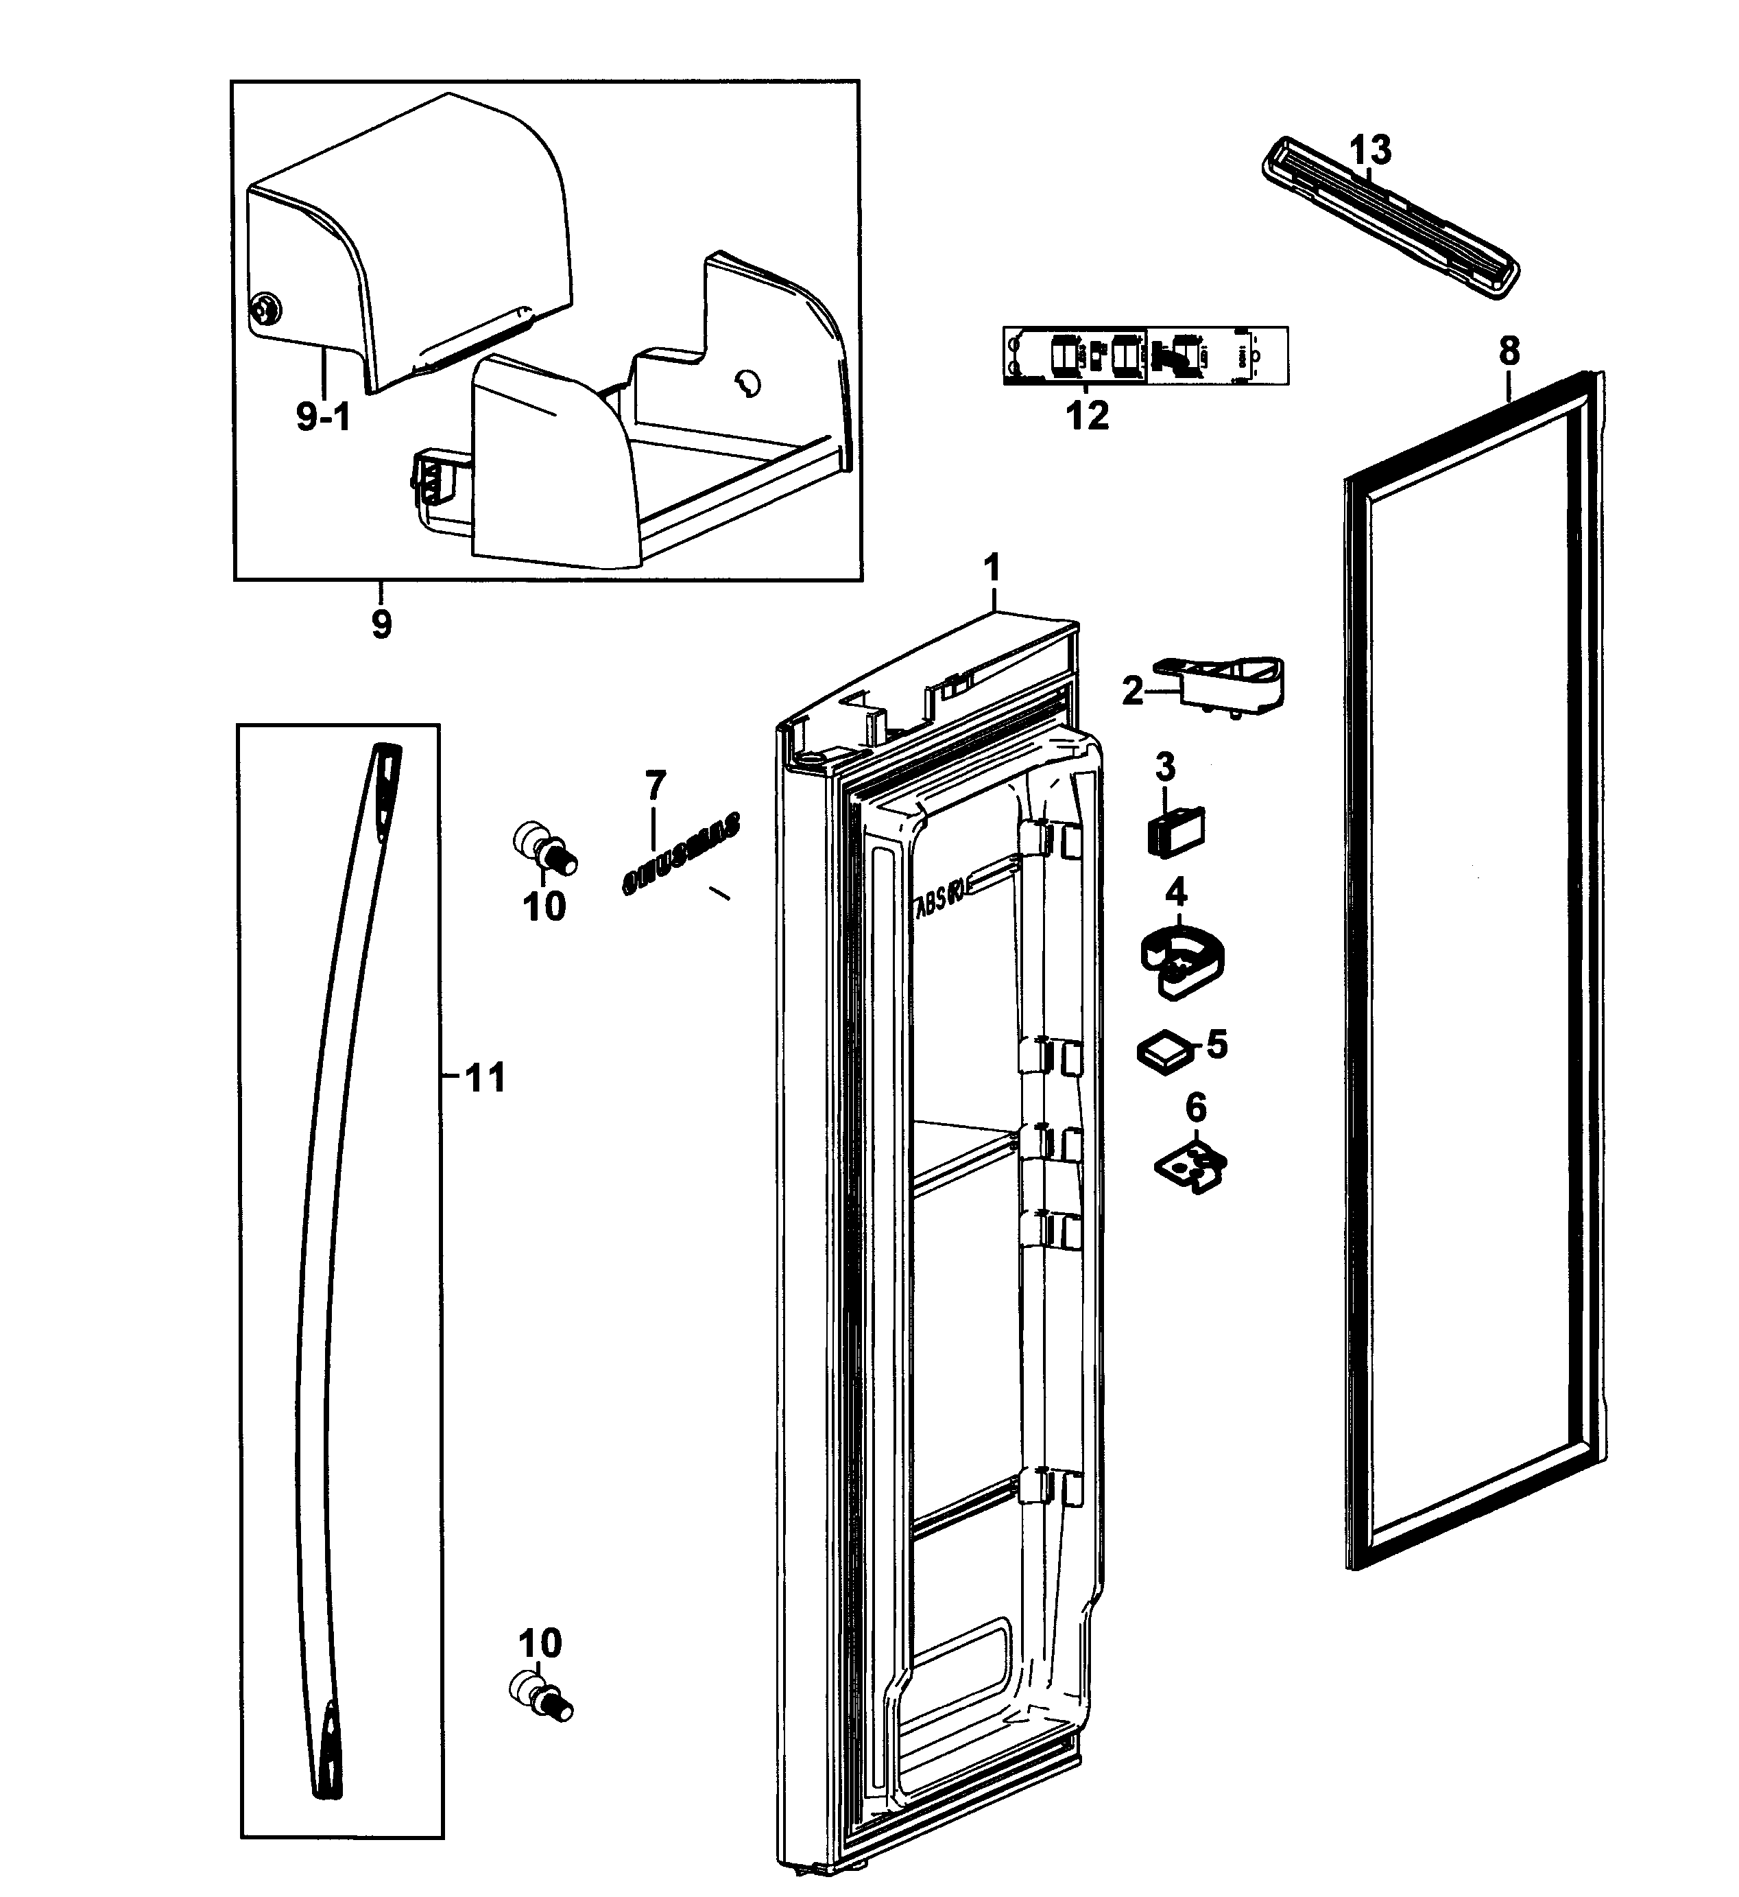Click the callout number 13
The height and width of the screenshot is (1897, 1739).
point(1370,150)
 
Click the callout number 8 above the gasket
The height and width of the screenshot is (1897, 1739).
point(1509,352)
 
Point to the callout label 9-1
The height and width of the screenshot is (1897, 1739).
point(323,416)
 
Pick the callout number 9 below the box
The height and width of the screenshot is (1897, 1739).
point(381,624)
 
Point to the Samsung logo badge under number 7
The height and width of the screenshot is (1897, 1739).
point(680,853)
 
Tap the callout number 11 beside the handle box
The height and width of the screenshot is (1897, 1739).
point(486,1077)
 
